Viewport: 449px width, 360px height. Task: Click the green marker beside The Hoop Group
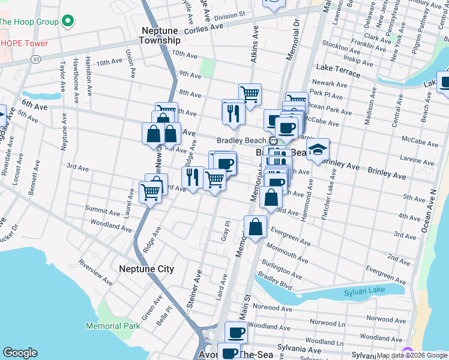(68, 22)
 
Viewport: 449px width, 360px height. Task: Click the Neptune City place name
(146, 269)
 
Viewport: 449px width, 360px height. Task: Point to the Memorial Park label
(113, 326)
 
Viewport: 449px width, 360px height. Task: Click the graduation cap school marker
(318, 150)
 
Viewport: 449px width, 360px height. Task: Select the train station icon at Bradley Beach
(273, 140)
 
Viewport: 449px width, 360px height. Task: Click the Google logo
(20, 353)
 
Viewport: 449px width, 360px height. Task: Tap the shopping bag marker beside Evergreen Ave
(255, 227)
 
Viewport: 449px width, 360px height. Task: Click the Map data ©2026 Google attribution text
(412, 355)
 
